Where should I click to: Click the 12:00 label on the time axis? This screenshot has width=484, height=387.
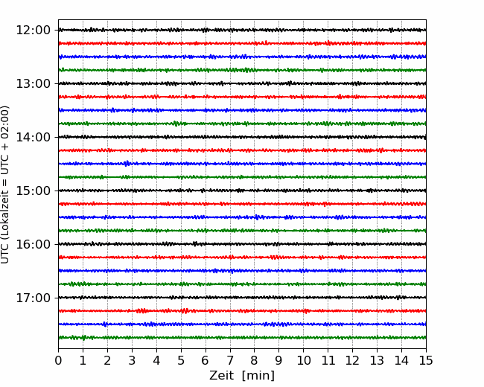click(x=33, y=31)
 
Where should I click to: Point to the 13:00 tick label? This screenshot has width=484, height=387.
click(x=33, y=83)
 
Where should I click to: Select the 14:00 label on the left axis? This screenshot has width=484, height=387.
click(x=33, y=137)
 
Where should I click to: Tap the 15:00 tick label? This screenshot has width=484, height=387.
click(x=33, y=191)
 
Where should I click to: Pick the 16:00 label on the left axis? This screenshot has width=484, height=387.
click(x=33, y=244)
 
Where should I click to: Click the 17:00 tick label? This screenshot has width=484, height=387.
click(x=33, y=298)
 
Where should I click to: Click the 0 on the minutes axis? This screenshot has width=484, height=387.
click(x=58, y=360)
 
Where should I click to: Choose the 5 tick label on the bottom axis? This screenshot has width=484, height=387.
click(x=181, y=360)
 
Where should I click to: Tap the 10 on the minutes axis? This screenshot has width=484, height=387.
click(x=303, y=360)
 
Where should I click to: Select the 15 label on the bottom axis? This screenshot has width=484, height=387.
click(x=426, y=360)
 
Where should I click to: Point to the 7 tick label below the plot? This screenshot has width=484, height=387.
click(x=230, y=360)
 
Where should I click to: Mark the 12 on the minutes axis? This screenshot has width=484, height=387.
click(x=352, y=360)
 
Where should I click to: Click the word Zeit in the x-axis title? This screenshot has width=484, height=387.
click(x=221, y=376)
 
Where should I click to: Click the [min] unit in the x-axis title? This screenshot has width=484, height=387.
click(x=258, y=376)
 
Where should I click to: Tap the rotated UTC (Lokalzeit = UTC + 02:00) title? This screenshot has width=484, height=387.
click(x=5, y=185)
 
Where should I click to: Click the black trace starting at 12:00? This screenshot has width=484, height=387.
click(x=242, y=30)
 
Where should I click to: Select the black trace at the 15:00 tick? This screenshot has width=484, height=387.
click(x=242, y=191)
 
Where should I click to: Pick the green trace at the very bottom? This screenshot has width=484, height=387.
click(x=242, y=338)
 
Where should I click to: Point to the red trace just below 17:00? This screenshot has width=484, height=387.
click(x=242, y=311)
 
